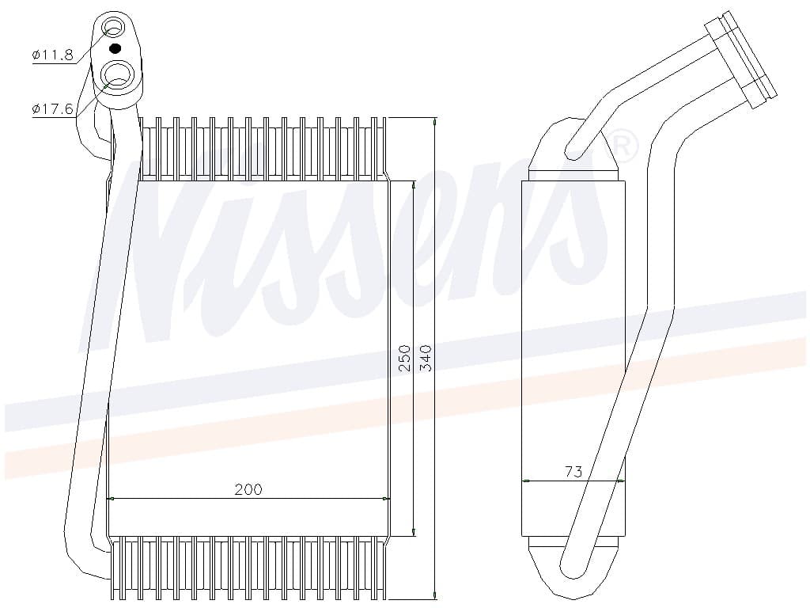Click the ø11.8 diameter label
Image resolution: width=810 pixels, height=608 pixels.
pyautogui.click(x=52, y=55)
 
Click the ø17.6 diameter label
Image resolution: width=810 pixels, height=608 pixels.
pyautogui.click(x=52, y=109)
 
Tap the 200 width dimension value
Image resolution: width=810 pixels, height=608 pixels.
pyautogui.click(x=248, y=489)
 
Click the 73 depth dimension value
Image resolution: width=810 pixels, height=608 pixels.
pyautogui.click(x=573, y=471)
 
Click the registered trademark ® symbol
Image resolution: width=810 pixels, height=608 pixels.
pyautogui.click(x=623, y=144)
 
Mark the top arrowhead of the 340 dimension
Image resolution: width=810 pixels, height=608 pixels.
pyautogui.click(x=435, y=121)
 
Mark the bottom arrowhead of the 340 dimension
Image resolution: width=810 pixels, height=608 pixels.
pyautogui.click(x=435, y=595)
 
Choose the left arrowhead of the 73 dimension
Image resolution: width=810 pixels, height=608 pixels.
pyautogui.click(x=526, y=480)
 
